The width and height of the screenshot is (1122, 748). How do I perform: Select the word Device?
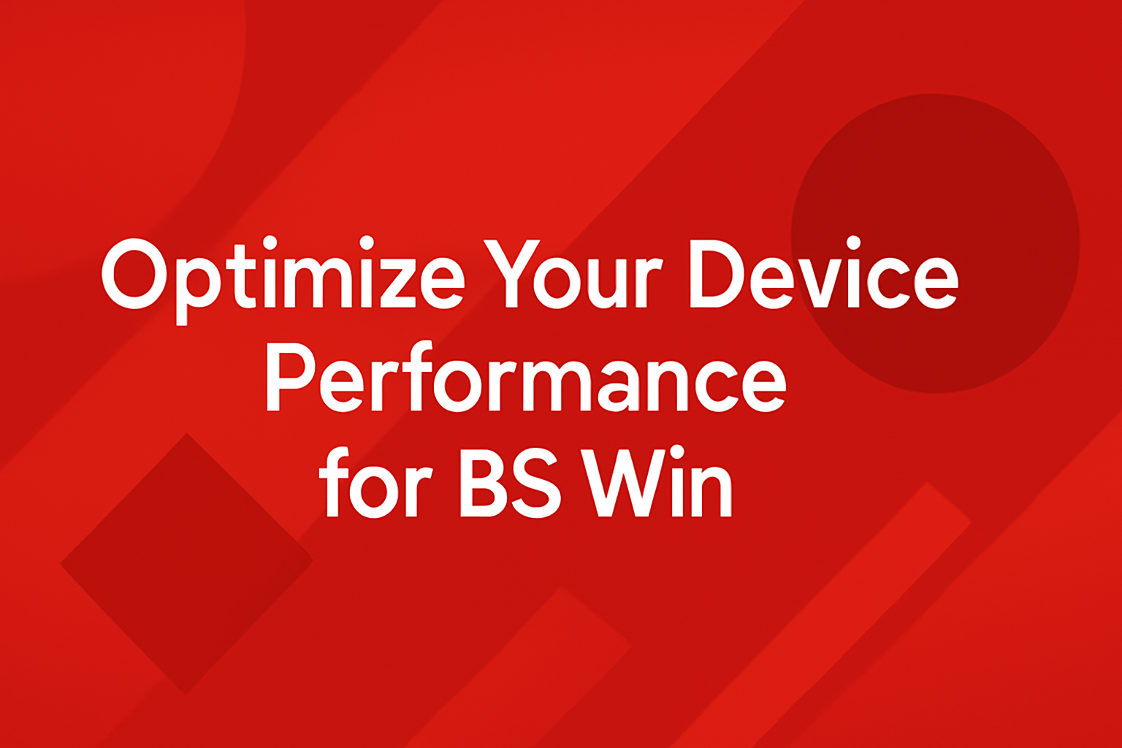pyautogui.click(x=824, y=273)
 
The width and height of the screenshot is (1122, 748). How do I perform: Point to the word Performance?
pyautogui.click(x=525, y=377)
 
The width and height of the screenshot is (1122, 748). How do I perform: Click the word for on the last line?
pyautogui.click(x=375, y=481)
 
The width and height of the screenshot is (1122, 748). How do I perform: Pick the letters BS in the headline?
pyautogui.click(x=510, y=481)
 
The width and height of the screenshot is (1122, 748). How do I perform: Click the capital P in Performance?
pyautogui.click(x=290, y=377)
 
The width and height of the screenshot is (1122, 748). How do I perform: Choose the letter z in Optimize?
pyautogui.click(x=398, y=284)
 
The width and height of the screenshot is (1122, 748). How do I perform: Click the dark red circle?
pyautogui.click(x=935, y=243)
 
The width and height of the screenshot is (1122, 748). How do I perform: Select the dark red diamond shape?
pyautogui.click(x=187, y=564)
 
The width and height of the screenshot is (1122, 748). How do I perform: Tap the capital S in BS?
pyautogui.click(x=535, y=481)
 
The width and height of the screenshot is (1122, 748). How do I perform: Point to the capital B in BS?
pyautogui.click(x=482, y=481)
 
